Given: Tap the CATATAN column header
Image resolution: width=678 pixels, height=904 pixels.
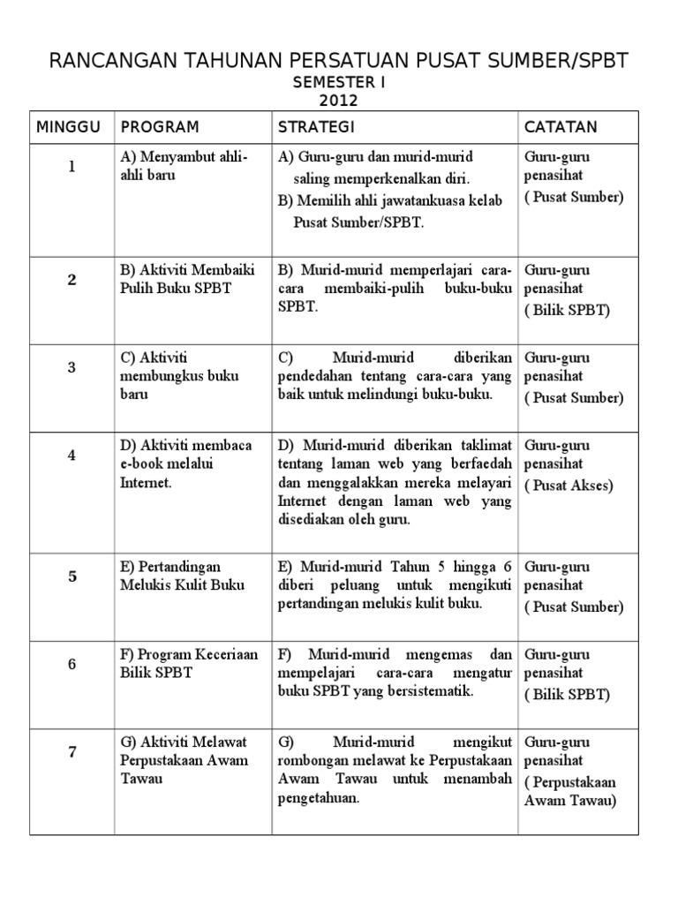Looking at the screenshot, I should (x=561, y=127).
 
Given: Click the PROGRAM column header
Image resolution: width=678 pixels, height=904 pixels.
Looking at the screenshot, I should (x=160, y=127).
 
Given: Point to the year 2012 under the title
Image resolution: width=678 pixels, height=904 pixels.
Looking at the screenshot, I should (x=339, y=101).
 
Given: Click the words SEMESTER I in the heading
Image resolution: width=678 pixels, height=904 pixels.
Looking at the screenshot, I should (x=339, y=83).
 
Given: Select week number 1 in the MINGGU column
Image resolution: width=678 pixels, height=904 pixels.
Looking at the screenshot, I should (x=72, y=167).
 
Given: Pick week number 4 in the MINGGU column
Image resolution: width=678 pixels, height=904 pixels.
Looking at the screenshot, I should (x=72, y=456).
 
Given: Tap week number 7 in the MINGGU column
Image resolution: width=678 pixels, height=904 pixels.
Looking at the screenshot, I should (x=72, y=752).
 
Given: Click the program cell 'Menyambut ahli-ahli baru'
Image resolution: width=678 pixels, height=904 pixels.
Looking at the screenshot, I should (x=184, y=165).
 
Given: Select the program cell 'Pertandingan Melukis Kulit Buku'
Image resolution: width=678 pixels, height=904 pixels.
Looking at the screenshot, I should (x=183, y=576).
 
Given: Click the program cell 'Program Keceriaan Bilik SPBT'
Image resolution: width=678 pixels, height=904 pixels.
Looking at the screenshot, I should (x=189, y=664).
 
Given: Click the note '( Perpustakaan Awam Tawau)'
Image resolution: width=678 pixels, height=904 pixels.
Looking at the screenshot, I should (x=570, y=792).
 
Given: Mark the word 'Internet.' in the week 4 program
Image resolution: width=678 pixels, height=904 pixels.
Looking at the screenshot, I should (x=146, y=483).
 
